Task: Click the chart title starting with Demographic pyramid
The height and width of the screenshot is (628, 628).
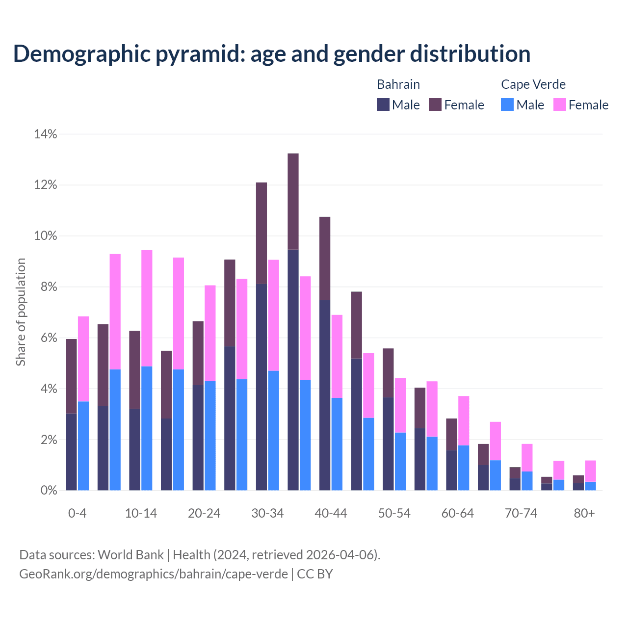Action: (x=272, y=53)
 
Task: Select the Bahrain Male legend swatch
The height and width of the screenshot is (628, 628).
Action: (x=383, y=105)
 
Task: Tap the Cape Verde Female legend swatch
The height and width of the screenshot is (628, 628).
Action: (x=559, y=105)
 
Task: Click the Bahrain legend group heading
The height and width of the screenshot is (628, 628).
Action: (x=398, y=84)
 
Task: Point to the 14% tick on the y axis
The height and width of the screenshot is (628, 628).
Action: (x=46, y=134)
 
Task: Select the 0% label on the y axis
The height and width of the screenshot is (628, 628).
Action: (x=48, y=490)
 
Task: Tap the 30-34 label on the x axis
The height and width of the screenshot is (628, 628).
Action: (x=267, y=513)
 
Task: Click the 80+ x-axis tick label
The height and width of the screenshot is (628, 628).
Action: (x=584, y=513)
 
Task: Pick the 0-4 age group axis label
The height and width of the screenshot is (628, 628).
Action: (x=78, y=513)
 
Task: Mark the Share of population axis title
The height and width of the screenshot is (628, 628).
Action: (x=21, y=312)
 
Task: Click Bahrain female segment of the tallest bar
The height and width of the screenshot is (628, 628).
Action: (x=293, y=201)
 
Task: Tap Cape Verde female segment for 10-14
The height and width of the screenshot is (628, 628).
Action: (x=147, y=308)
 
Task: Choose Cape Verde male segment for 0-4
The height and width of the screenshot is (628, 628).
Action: (x=83, y=445)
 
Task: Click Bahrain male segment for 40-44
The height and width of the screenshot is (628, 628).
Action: (x=325, y=395)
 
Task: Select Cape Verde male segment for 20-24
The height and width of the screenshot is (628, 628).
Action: (x=210, y=436)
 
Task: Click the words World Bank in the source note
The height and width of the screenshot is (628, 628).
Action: (x=131, y=555)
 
